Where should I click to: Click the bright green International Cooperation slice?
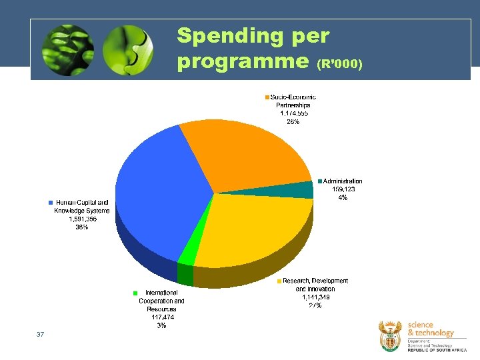(188, 253)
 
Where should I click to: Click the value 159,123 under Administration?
(343, 189)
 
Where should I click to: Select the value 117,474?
(162, 317)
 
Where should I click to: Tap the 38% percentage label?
(82, 227)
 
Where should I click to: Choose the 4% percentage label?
(343, 197)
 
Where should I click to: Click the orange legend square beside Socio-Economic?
(267, 97)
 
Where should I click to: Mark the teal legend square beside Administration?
(320, 181)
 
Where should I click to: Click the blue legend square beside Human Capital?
(50, 203)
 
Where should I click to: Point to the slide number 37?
(41, 334)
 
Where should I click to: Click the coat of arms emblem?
(391, 335)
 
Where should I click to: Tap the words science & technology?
(429, 329)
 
